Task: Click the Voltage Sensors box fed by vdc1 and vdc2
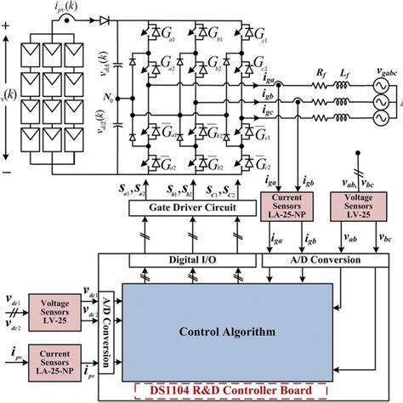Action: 53,307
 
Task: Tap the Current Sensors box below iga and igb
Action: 286,209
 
